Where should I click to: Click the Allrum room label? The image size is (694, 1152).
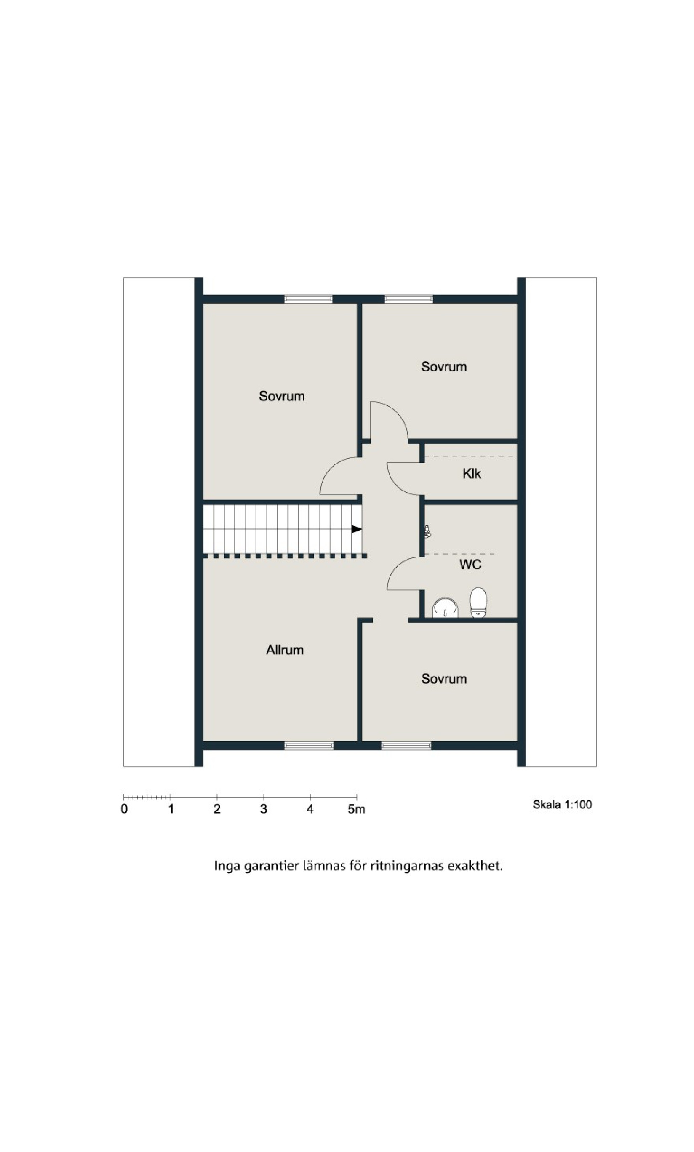[284, 650]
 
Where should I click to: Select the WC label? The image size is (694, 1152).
[470, 564]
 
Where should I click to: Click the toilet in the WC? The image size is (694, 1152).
[478, 603]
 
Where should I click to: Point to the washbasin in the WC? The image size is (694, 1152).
[445, 608]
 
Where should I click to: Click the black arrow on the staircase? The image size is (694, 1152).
[357, 529]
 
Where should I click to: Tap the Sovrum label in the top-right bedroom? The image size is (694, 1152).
[444, 367]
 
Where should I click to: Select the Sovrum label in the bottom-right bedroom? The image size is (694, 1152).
[444, 679]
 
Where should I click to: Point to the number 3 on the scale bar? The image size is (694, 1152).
[263, 809]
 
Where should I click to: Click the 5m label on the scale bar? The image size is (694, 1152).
[356, 809]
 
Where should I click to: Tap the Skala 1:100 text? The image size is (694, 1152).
[562, 804]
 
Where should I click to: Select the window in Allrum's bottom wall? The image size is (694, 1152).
[309, 746]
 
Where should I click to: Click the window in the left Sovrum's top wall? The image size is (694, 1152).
[308, 299]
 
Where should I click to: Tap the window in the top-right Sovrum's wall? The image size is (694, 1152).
[409, 299]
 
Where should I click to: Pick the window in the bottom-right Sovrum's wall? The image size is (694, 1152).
[406, 746]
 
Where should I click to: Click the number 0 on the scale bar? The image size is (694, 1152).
[124, 809]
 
